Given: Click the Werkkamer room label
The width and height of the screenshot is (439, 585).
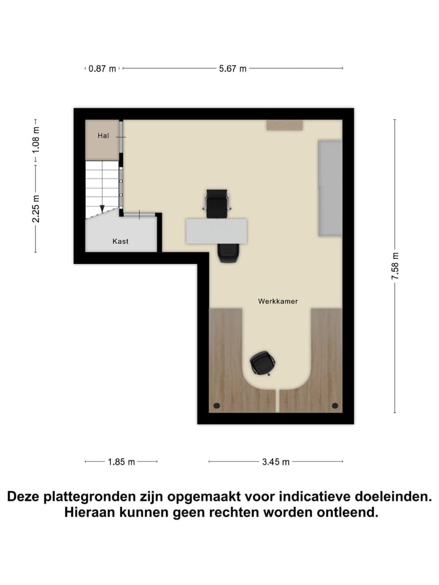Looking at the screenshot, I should tap(277, 301).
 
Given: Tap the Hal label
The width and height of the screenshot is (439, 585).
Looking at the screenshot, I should tap(103, 136).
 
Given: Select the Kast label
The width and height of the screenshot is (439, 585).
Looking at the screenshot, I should tap(120, 242).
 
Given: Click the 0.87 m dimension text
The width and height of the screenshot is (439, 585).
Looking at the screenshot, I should tap(102, 69).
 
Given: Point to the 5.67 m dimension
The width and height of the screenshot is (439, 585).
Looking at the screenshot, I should tap(233, 69).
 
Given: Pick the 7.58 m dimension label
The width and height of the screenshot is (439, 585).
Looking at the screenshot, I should tap(395, 266).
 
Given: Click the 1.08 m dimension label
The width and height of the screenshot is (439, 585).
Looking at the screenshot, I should tap(36, 139).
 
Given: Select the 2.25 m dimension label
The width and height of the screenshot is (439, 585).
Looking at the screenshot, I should tap(36, 208).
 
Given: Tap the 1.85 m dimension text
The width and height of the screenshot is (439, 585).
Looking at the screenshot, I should tap(121, 462).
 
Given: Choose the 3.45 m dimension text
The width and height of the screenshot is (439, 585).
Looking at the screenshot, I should tap(276, 462).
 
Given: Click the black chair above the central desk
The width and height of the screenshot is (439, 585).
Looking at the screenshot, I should tap(217, 203).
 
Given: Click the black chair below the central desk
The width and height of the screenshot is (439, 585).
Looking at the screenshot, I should tap(228, 252).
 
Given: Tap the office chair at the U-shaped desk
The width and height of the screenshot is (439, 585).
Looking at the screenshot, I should tap(262, 363).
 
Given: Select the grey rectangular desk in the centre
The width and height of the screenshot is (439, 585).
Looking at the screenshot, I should tap(216, 231).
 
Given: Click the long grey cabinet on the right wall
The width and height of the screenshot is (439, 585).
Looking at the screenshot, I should tap(330, 188).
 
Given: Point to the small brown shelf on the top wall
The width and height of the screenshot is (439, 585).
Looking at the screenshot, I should tap(284, 125).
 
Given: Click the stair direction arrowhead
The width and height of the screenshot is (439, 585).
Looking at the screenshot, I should tap(102, 208).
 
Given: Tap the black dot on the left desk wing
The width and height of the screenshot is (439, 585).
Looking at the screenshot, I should tap(216, 405).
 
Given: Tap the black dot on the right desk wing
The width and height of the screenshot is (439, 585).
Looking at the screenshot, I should tap(334, 405).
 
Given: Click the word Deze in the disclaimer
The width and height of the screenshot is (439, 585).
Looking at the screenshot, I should tap(27, 497).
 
